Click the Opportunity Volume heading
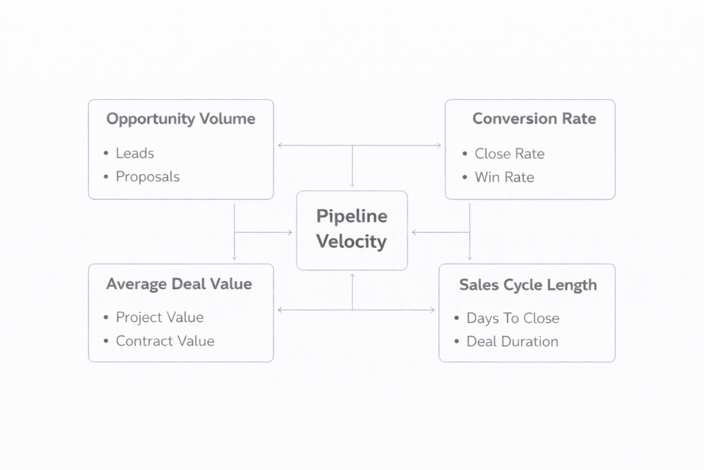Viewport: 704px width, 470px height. tap(180, 118)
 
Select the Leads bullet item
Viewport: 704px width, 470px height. tap(135, 153)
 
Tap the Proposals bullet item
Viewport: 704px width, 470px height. tap(147, 177)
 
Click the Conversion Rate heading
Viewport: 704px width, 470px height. tap(533, 118)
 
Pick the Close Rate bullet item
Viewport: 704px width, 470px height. tap(509, 154)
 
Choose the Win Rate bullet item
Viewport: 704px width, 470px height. tap(504, 178)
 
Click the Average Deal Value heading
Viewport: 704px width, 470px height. tap(179, 284)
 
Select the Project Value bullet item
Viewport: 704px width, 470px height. tap(159, 317)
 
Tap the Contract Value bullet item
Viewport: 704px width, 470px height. tap(165, 341)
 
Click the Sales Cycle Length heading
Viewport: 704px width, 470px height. tap(528, 285)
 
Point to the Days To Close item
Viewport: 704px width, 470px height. tap(513, 319)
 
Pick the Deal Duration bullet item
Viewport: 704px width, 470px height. tap(512, 341)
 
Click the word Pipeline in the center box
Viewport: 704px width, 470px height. tap(352, 216)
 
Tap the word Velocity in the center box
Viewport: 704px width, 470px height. tap(352, 242)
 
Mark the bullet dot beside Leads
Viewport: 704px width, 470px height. tap(107, 153)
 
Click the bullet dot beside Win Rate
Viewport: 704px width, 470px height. tap(465, 178)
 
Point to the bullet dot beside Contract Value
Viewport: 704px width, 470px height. tap(107, 341)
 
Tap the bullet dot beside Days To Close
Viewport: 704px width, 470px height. tap(457, 319)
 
